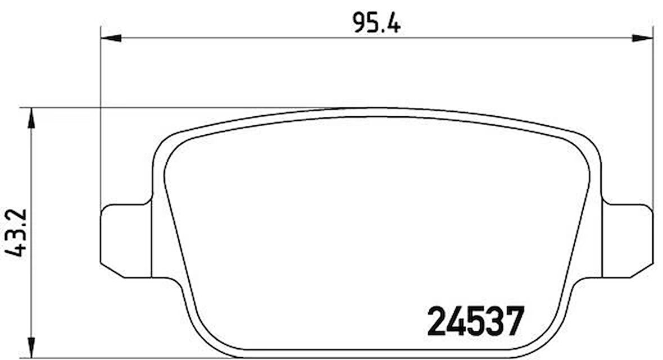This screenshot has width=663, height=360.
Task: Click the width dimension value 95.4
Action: coord(376,22)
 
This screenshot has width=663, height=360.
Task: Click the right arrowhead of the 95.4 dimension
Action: coord(643,38)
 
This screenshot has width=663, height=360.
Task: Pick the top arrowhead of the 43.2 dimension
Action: coord(31,117)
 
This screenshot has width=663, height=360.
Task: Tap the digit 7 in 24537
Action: coord(515,321)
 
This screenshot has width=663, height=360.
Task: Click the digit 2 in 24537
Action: coord(437,321)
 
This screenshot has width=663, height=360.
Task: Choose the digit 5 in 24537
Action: coord(476,321)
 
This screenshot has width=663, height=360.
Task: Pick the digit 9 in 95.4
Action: coord(359,22)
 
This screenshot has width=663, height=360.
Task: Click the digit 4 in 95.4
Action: coord(394,22)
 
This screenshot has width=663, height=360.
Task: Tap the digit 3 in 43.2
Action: coord(17,231)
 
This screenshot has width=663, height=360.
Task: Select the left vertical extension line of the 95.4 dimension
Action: coord(101,112)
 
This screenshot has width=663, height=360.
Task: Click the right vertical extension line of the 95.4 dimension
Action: coord(653,112)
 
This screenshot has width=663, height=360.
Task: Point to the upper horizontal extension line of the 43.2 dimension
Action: coord(169,107)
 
